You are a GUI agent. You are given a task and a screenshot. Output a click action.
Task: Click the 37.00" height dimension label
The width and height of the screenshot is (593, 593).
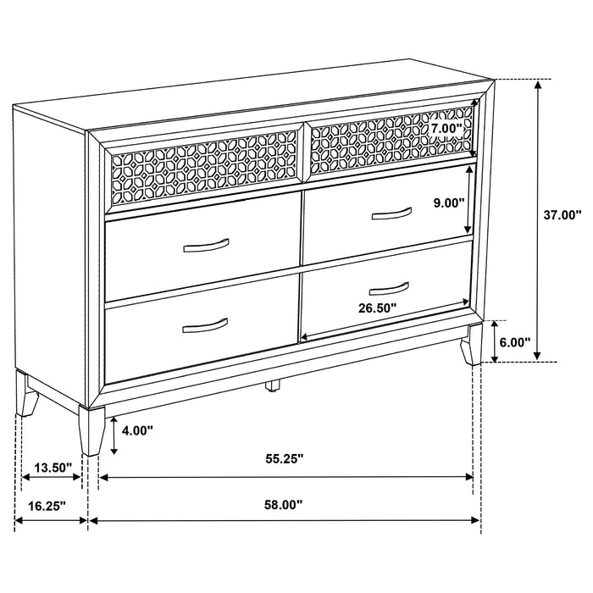(x=563, y=215)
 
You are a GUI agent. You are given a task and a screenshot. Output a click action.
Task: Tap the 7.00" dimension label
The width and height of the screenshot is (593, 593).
(x=446, y=129)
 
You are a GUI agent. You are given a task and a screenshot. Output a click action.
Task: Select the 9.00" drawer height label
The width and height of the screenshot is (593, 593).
(x=447, y=203)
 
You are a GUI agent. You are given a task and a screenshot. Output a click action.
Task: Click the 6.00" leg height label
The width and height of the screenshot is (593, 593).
(x=514, y=342)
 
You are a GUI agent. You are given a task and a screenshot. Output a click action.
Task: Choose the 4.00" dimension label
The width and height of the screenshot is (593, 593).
(x=137, y=430)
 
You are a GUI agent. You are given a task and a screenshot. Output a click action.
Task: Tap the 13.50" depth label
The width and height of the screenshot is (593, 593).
(x=53, y=467)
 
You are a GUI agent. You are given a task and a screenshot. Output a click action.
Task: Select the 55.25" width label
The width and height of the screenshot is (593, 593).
(x=285, y=459)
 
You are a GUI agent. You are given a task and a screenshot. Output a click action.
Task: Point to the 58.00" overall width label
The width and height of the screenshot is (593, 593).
(x=285, y=505)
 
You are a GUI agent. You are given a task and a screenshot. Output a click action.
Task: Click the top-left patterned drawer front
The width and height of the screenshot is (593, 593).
(x=204, y=166)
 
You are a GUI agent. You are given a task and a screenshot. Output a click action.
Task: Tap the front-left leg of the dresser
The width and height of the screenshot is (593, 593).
(x=91, y=429)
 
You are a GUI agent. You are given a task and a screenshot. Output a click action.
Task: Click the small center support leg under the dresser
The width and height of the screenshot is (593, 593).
(x=272, y=386)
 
